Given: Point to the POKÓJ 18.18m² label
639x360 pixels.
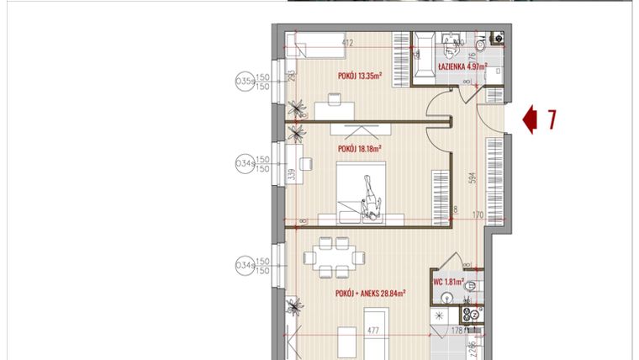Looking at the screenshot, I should coord(359,148).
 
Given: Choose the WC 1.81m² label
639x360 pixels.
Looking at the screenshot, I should coord(448,283).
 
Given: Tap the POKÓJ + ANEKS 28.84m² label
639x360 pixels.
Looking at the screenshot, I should coord(370,294).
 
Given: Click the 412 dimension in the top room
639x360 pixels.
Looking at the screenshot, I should coord(345,44).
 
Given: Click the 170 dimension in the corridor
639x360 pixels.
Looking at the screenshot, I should coord(478,216).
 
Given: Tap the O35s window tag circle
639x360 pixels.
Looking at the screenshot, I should coord(244,82).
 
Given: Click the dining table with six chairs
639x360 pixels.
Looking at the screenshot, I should coord(335,257).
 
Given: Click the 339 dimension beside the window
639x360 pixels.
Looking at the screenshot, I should coord(290,175).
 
